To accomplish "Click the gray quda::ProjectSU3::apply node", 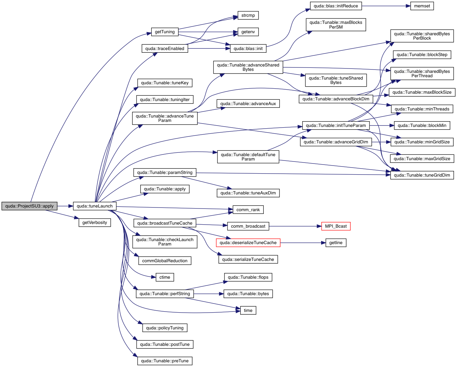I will point(29,206).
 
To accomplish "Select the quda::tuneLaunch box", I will point(95,206).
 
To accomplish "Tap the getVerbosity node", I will point(95,223).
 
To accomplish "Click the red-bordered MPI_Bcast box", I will point(336,226).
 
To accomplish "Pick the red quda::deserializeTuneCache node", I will point(248,243).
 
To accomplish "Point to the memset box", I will point(422,6).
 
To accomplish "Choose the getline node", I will point(336,243).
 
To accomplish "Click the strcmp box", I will point(248,15).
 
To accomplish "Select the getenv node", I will point(248,32).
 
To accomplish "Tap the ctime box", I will point(164,277).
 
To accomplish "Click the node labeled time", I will point(248,311).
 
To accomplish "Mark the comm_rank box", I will point(248,210).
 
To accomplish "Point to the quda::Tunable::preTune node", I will point(164,361).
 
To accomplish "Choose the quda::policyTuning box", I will point(164,328).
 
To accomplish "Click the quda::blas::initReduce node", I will point(336,6).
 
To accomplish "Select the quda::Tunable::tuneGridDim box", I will point(422,175).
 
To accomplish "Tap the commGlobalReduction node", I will point(164,261).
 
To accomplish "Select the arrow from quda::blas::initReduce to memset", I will point(386,6).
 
